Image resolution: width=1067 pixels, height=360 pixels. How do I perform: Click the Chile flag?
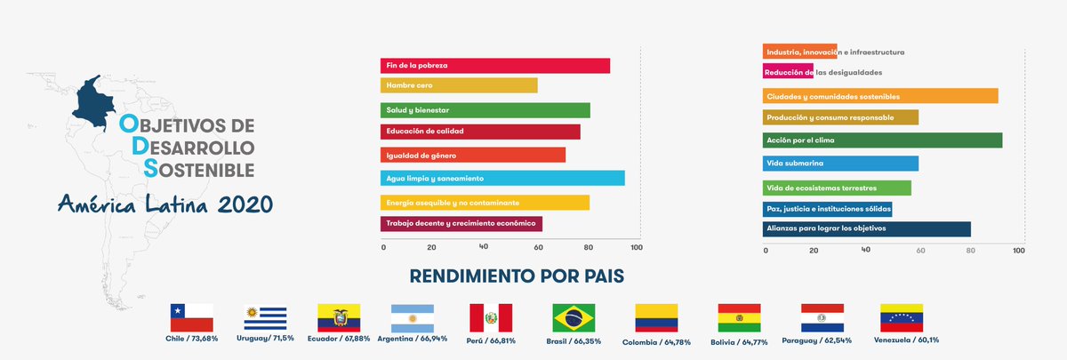(191, 317)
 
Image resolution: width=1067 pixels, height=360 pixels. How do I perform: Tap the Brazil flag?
(574, 317)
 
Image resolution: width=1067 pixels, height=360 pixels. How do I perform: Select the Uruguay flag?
(266, 317)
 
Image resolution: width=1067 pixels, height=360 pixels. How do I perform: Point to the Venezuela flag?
(902, 317)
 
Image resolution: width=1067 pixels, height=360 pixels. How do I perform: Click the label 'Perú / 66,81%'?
(491, 340)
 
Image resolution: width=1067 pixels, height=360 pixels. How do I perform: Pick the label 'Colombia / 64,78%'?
(657, 340)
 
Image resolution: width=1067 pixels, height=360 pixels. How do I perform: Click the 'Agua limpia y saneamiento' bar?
(501, 179)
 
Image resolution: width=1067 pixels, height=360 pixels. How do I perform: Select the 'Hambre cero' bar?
(459, 85)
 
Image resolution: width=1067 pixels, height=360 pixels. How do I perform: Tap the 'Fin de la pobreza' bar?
(494, 66)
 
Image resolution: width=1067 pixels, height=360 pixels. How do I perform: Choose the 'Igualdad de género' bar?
(472, 156)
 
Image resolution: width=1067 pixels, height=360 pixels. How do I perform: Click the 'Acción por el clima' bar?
(882, 140)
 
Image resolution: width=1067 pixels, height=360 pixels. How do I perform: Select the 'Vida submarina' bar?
(840, 164)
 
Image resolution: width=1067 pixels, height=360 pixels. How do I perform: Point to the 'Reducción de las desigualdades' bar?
(788, 72)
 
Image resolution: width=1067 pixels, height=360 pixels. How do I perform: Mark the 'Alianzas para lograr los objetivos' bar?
(866, 228)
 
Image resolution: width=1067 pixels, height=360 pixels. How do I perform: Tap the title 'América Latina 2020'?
(165, 205)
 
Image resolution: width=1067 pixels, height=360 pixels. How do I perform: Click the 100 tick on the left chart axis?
(636, 248)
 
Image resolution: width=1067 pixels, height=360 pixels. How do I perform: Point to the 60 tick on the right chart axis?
(920, 251)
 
